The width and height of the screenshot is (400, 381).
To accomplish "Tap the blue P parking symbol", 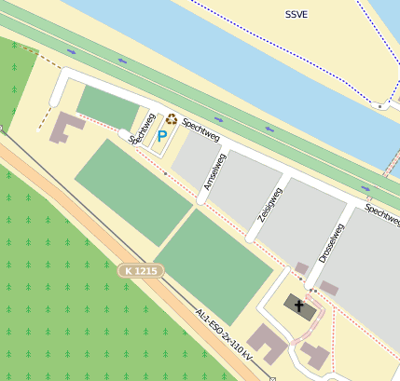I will [x=161, y=136].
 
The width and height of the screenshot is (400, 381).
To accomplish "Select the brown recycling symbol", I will [x=172, y=120].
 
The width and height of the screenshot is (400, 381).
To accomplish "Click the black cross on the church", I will [x=299, y=305].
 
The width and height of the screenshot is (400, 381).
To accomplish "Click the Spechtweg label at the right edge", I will [x=382, y=212].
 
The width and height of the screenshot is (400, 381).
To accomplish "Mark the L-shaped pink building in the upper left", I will [x=65, y=128].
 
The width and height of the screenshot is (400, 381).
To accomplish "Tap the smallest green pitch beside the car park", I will [x=108, y=106].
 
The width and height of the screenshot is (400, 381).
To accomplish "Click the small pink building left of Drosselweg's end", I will [x=301, y=268].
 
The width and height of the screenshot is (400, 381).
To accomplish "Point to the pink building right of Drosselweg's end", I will [x=329, y=288].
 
